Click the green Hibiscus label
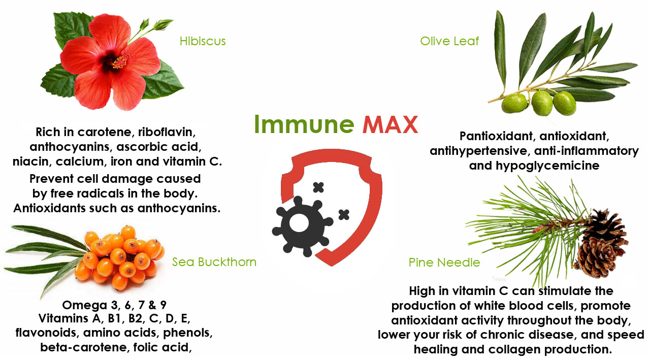coord(203,41)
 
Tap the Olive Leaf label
coord(449,41)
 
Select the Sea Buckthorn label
coord(214,262)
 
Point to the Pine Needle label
coord(444,263)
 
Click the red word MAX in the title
coord(390,124)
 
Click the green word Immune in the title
coord(304,124)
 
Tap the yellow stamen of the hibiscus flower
coord(120,60)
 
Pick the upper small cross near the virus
coord(318,187)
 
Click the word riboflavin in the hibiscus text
coord(167,132)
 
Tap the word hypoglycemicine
coord(547,166)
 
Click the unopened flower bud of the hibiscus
coord(163,24)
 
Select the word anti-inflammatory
coord(587,151)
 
